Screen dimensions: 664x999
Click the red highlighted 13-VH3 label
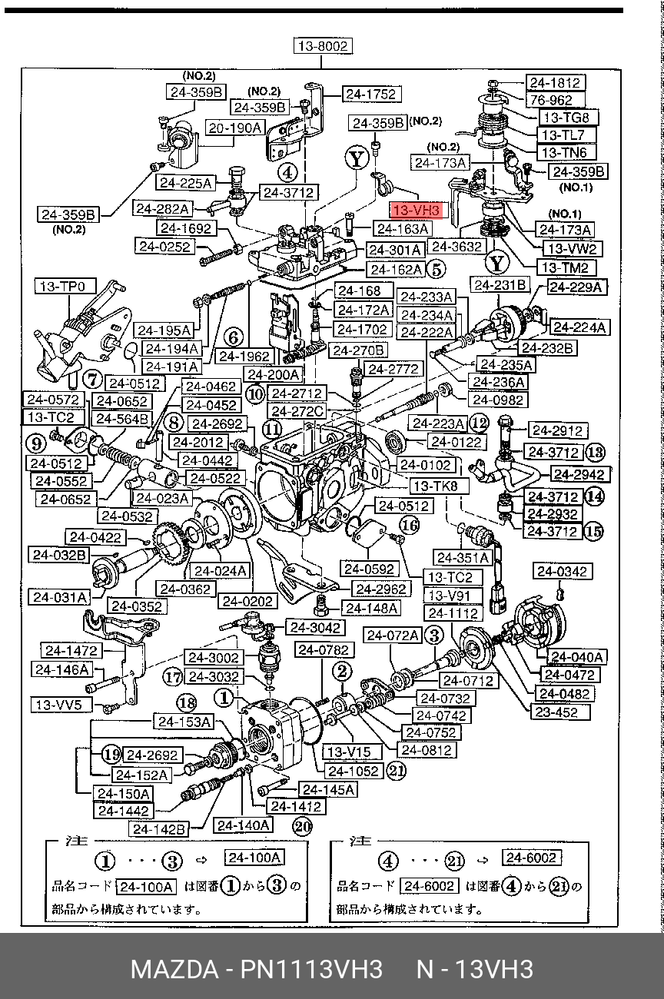pos(417,210)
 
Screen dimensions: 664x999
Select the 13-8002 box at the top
pos(323,46)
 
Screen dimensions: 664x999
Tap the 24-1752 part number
pos(371,94)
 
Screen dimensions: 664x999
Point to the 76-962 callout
pos(555,100)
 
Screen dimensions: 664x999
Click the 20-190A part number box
pos(235,128)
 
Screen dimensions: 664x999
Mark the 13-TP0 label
pos(65,286)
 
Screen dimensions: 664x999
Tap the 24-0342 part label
pos(563,571)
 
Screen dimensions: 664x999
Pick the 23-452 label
pos(559,712)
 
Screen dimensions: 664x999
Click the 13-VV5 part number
pos(61,705)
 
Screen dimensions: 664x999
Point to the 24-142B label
pos(159,829)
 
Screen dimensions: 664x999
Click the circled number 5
pos(437,269)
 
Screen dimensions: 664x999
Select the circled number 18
pos(187,703)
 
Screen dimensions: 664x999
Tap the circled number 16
pos(410,526)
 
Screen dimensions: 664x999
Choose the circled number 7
pos(93,380)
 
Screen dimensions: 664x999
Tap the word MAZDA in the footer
pos(174,969)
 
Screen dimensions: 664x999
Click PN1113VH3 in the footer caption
pos(311,969)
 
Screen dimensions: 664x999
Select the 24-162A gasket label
pos(396,270)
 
